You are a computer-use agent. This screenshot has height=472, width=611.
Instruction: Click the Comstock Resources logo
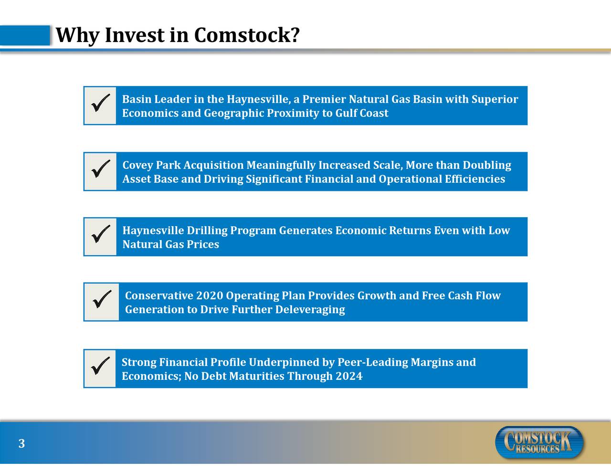(539, 442)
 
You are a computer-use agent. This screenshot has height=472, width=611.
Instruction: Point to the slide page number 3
(21, 444)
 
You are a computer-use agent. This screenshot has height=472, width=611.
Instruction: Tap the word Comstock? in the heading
(247, 35)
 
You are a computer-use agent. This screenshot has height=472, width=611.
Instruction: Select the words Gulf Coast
(361, 114)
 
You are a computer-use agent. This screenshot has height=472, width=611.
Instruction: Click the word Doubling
(486, 165)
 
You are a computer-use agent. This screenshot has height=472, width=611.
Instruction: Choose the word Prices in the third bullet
(203, 244)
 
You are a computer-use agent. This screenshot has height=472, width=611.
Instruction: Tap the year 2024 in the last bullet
(349, 377)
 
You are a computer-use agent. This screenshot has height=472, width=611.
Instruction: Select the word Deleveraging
(310, 310)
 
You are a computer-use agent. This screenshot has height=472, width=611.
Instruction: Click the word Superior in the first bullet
(495, 99)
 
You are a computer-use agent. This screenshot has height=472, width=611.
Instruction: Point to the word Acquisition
(213, 165)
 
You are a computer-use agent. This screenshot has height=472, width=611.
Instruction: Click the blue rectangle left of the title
(25, 35)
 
